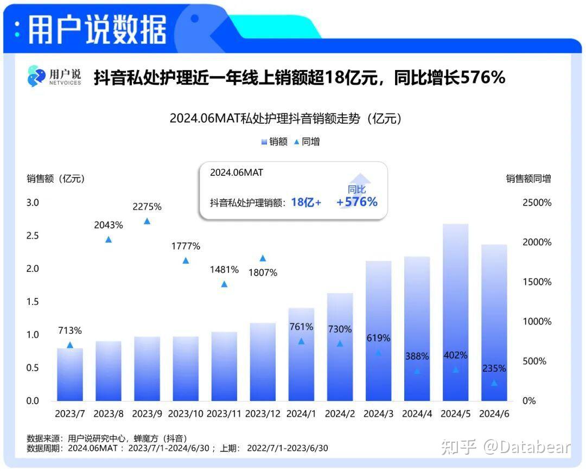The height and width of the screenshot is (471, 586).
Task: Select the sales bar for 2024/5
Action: (455, 312)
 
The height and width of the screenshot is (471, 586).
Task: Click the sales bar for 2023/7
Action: (70, 374)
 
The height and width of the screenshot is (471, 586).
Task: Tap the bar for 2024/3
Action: (378, 331)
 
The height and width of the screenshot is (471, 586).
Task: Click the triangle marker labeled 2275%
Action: (146, 221)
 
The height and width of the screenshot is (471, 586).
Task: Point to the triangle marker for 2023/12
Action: (263, 258)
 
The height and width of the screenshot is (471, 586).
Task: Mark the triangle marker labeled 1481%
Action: (224, 284)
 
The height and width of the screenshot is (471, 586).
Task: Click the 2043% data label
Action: (109, 225)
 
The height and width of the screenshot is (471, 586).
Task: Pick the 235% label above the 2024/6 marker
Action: (494, 368)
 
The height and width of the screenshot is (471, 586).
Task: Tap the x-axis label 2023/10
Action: (186, 413)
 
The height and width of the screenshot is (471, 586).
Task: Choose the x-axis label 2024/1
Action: (301, 413)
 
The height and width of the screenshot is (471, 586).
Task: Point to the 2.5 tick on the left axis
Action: (33, 235)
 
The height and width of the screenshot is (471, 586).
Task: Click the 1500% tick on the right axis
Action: (537, 282)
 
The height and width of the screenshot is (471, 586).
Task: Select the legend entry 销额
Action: (275, 142)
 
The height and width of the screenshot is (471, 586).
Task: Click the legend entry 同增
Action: (307, 142)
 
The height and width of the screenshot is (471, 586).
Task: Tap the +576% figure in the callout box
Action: (357, 202)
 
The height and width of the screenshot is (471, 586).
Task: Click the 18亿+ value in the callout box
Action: (306, 202)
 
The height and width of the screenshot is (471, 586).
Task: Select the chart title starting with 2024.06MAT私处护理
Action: (285, 118)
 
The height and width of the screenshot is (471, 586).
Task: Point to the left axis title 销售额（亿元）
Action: (56, 179)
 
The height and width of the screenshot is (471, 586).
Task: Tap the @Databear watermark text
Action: (527, 447)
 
